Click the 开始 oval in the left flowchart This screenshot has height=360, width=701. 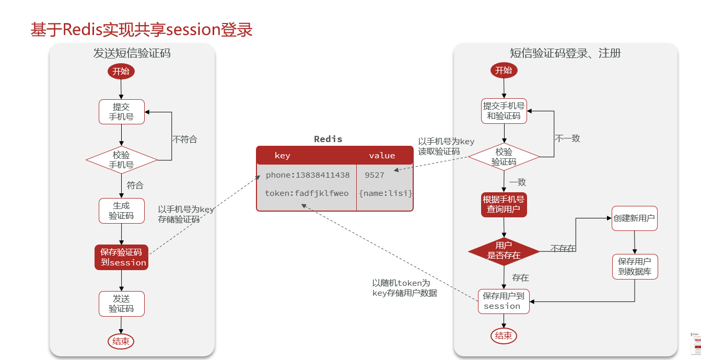[x=121, y=71]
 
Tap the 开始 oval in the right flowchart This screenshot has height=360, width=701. [x=504, y=70]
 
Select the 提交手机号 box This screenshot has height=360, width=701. [x=121, y=112]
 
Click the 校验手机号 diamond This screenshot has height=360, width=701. [x=121, y=160]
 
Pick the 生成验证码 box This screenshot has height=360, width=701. [x=121, y=211]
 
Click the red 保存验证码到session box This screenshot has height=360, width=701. [x=121, y=258]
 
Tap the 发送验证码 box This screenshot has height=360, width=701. [x=121, y=304]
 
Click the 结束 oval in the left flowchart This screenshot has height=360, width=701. [x=121, y=341]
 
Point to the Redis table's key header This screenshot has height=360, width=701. [x=282, y=155]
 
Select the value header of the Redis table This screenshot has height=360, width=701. [x=382, y=155]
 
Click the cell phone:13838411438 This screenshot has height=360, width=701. [x=307, y=175]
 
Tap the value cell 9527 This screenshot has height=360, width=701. [x=375, y=175]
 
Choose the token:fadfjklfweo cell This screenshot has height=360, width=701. [x=307, y=193]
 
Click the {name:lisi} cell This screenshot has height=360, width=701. [x=385, y=193]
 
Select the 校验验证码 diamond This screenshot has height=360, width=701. [x=504, y=157]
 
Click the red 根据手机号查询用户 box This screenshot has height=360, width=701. [x=504, y=204]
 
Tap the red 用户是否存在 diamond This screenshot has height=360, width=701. [x=504, y=251]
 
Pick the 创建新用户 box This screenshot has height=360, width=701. [x=634, y=218]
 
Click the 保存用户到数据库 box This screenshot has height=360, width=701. [x=635, y=266]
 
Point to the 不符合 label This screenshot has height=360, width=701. [x=185, y=140]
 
